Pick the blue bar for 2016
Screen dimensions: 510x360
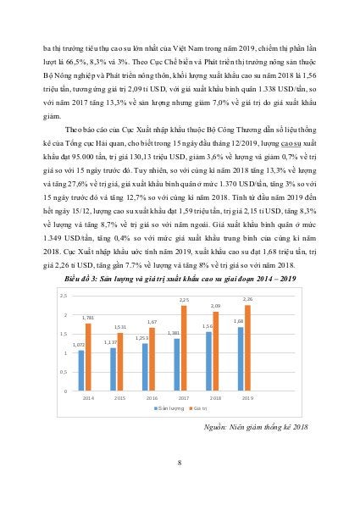click(x=144, y=365)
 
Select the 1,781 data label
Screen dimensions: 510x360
click(x=88, y=319)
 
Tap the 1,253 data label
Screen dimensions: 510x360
click(x=143, y=337)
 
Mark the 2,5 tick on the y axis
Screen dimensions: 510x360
click(x=63, y=295)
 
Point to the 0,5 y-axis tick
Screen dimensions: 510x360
click(x=63, y=372)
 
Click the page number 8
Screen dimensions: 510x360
click(x=180, y=462)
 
